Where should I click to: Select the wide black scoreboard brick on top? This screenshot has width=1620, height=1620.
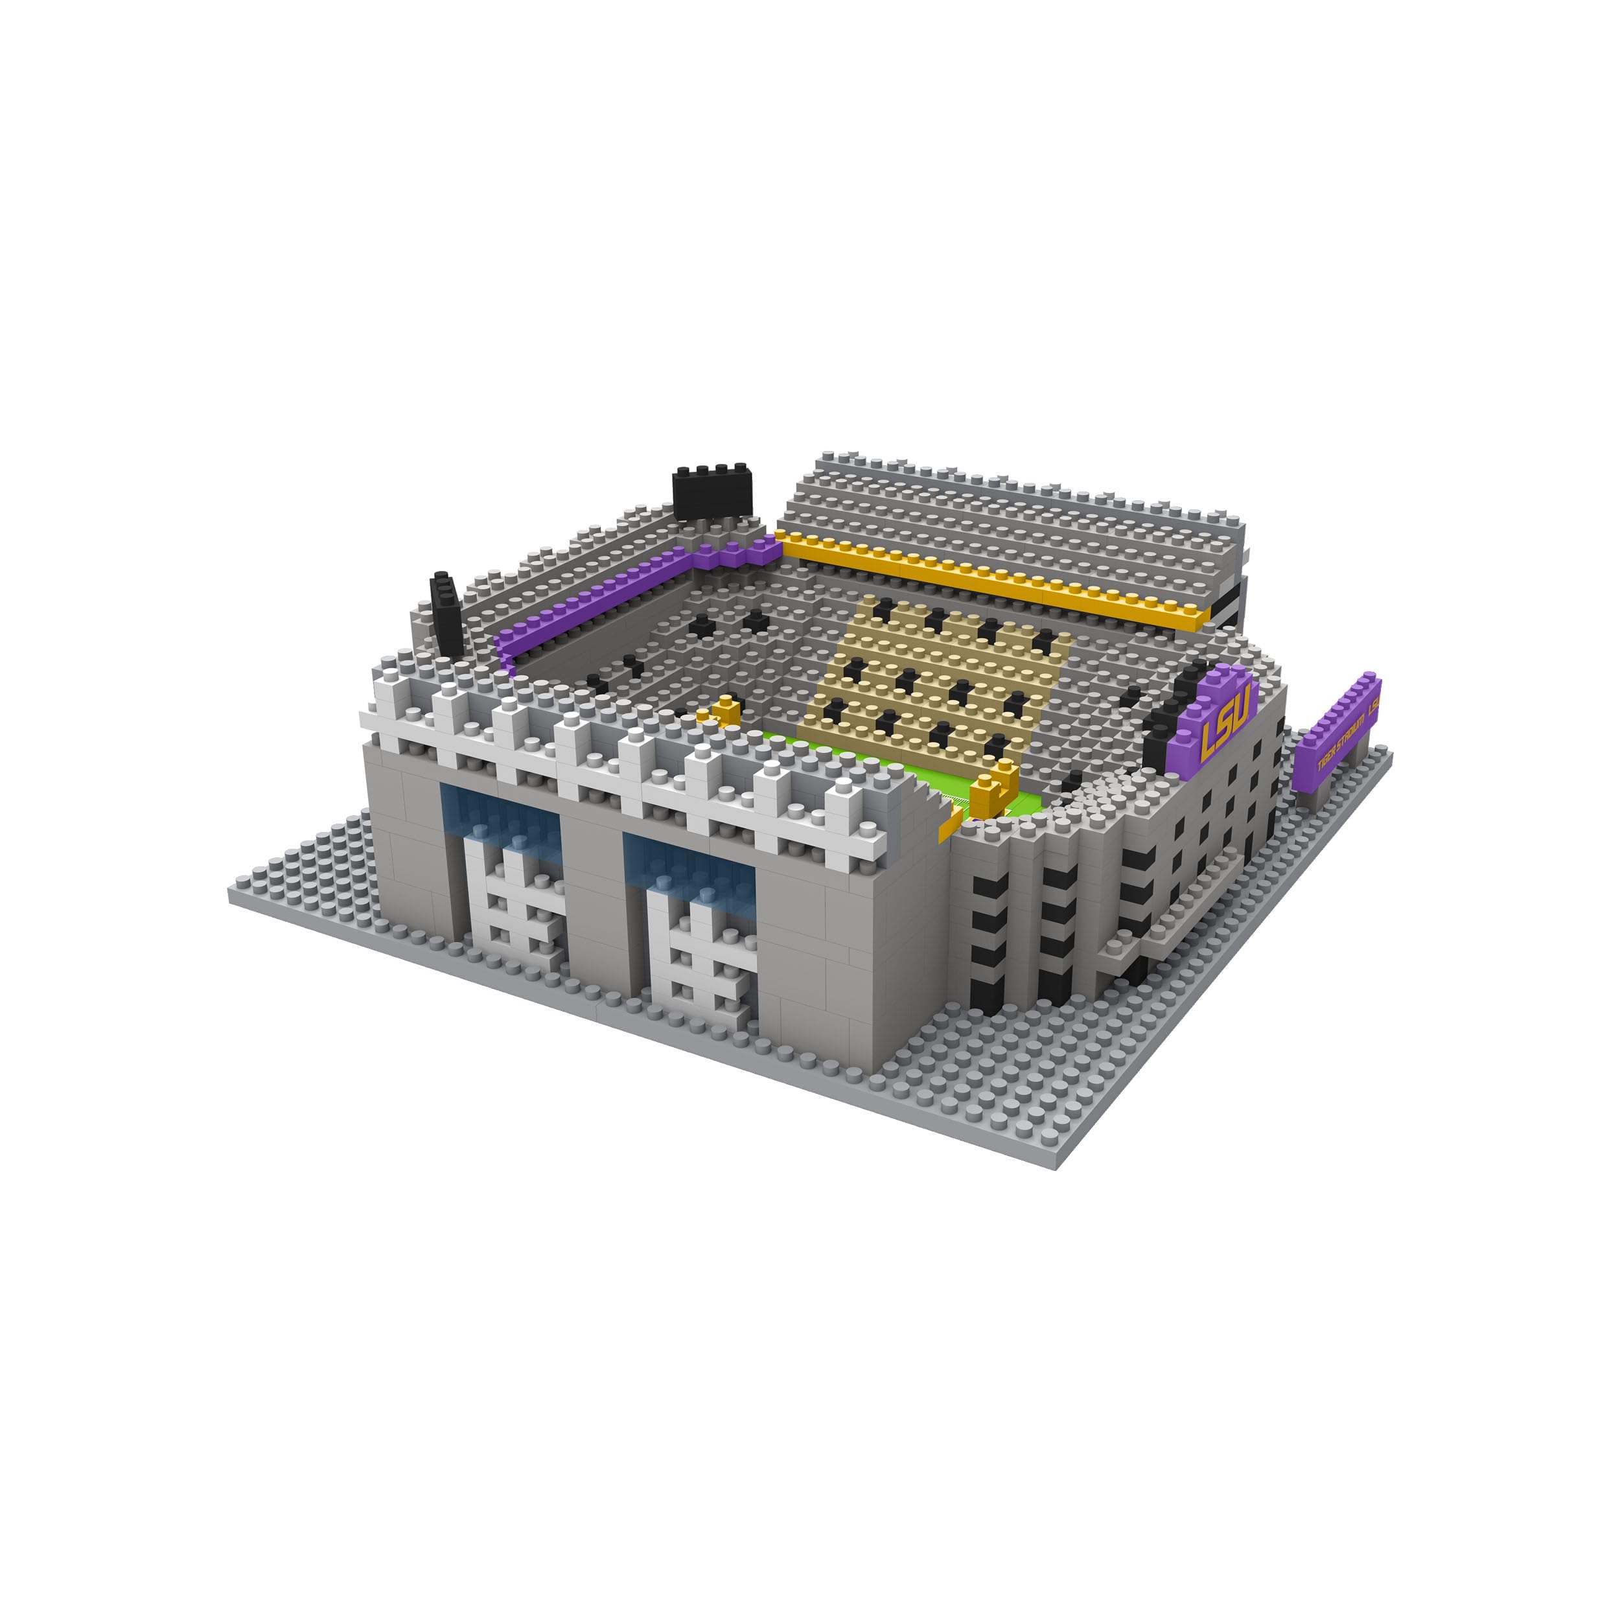[x=712, y=494]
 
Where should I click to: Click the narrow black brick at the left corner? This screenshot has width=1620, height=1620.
[x=445, y=616]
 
